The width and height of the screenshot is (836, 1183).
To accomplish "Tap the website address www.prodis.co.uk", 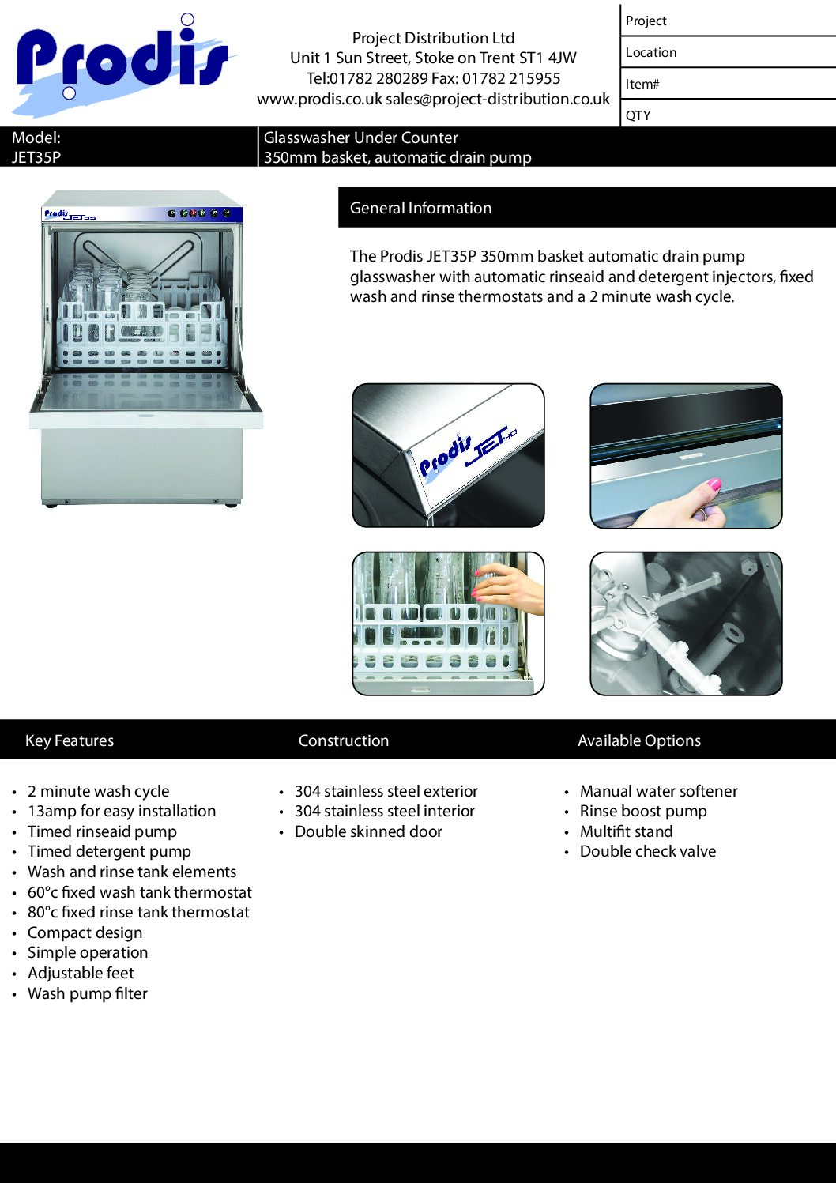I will coord(319,100).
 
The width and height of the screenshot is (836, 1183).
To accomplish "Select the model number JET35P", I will coord(36,157).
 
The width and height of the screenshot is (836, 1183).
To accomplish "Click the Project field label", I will coord(646,21).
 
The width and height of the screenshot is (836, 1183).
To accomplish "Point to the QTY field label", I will coord(638,115).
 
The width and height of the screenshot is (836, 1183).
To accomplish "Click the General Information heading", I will coord(420,208).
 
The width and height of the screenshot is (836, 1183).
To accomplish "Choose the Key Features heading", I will coord(70,740).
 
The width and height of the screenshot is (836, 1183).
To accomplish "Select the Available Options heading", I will coord(639,740).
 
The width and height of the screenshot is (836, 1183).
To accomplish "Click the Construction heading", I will coord(344,740).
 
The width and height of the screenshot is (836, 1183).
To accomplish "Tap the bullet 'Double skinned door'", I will coord(368,831).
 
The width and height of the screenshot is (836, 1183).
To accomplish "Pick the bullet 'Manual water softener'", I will coord(658,791).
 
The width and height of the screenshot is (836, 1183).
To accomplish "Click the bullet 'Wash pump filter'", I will coord(88,993).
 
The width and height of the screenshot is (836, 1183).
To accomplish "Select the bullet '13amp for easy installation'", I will coord(122,811).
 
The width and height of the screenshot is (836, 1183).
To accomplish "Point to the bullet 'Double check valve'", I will coord(648,851).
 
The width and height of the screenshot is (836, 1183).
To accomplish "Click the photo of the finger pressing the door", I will coord(686,456).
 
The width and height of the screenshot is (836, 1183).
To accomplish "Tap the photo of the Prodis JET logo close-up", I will coord(448,456).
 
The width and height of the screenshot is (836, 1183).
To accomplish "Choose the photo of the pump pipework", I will coord(686,624).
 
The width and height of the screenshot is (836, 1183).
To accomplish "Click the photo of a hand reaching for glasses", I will coord(448,624).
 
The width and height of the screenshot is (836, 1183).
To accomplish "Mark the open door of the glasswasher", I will coord(145,399).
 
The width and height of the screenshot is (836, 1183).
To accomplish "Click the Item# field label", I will coord(642,84).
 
